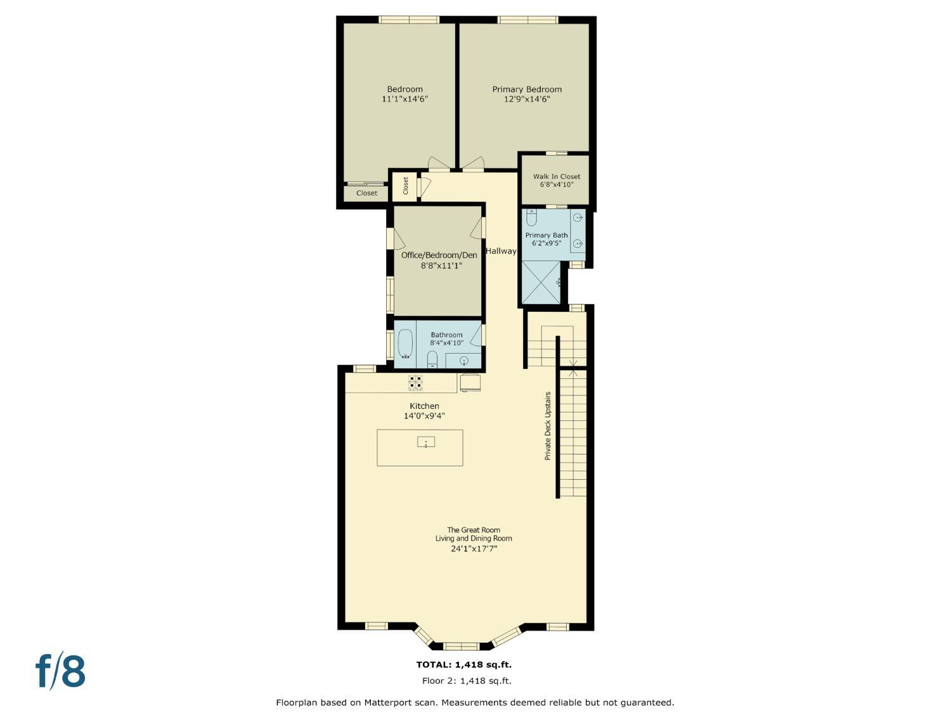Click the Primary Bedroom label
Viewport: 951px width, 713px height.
[527, 89]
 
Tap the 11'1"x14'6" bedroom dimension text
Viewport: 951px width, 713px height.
[404, 99]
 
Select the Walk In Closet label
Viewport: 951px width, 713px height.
[556, 177]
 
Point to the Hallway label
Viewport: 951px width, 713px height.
[501, 251]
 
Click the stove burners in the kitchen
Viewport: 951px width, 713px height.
[415, 383]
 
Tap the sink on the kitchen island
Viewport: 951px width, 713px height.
[426, 442]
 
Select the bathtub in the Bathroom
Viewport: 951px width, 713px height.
[406, 344]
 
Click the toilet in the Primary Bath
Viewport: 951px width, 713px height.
[531, 217]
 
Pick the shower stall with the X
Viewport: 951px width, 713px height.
[541, 282]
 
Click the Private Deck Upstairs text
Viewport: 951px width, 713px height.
[548, 426]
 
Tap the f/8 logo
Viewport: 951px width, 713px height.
[60, 671]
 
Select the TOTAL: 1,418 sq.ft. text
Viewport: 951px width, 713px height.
[463, 664]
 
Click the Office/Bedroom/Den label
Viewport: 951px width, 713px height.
[439, 255]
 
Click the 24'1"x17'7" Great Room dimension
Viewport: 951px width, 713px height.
[474, 549]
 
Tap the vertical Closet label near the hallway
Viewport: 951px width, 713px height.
[406, 186]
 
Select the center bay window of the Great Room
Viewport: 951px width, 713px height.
[462, 646]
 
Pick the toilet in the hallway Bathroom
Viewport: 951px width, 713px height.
[432, 360]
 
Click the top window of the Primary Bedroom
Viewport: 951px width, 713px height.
[527, 20]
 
